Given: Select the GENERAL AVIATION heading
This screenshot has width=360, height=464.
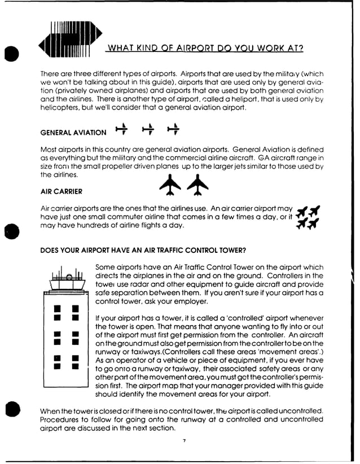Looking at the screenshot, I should (73, 133).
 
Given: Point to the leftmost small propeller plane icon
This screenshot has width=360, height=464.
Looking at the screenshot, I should (120, 130).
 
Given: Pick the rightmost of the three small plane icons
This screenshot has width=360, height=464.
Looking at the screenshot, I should (173, 130).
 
